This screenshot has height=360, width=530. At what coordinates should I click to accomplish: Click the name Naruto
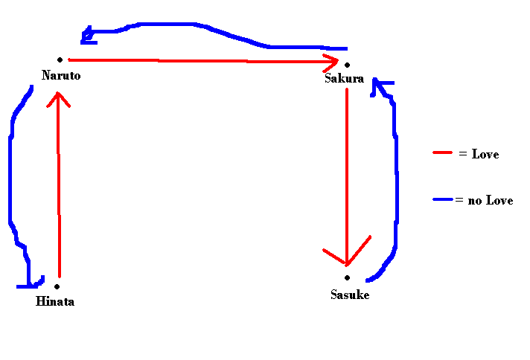tap(61, 75)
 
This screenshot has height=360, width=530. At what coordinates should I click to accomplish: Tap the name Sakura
tap(344, 77)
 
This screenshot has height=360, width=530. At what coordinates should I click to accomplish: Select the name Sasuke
tap(350, 295)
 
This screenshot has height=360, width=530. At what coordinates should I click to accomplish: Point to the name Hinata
tap(55, 301)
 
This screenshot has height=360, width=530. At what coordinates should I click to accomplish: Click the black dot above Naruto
tap(60, 60)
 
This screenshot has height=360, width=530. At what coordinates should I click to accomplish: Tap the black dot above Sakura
tap(346, 65)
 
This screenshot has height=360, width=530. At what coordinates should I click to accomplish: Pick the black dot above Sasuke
tap(347, 277)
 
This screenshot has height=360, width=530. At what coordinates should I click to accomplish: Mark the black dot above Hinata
tap(57, 286)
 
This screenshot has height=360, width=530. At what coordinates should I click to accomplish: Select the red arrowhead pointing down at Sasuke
tap(347, 257)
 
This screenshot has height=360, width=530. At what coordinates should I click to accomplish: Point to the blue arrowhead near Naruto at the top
tap(88, 33)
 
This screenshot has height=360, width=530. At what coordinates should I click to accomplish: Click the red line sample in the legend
tap(442, 153)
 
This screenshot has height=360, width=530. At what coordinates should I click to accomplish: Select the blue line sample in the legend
tap(443, 199)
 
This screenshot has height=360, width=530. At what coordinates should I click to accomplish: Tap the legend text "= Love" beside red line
tap(478, 154)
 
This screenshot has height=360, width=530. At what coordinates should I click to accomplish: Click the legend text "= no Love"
tap(485, 200)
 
